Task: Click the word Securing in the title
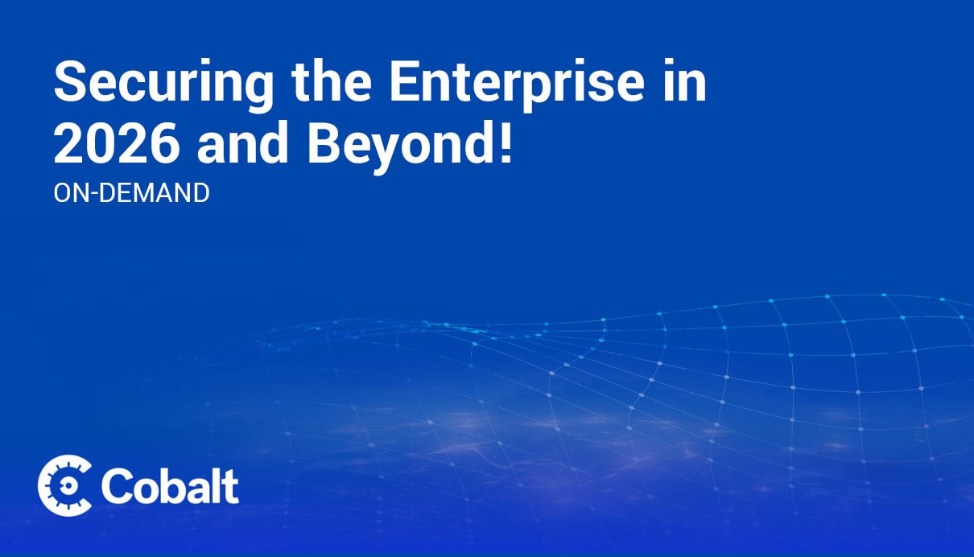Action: pyautogui.click(x=163, y=85)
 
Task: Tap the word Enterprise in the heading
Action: pyautogui.click(x=516, y=85)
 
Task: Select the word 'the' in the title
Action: pyautogui.click(x=332, y=80)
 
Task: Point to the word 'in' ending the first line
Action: pyautogui.click(x=684, y=80)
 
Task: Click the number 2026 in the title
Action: pyautogui.click(x=117, y=143)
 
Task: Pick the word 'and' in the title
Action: pyautogui.click(x=243, y=142)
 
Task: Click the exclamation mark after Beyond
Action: pyautogui.click(x=506, y=142)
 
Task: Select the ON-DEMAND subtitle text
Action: pyautogui.click(x=131, y=192)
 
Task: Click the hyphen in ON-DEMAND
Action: pyautogui.click(x=94, y=194)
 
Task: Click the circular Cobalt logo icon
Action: pyautogui.click(x=64, y=485)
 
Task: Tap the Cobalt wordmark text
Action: pyautogui.click(x=170, y=486)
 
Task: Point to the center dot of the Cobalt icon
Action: pyautogui.click(x=68, y=485)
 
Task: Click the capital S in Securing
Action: pyautogui.click(x=71, y=81)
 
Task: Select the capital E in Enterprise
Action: pyautogui.click(x=404, y=81)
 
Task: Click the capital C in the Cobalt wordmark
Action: pyautogui.click(x=118, y=486)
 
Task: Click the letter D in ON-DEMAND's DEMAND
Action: pyautogui.click(x=108, y=192)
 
